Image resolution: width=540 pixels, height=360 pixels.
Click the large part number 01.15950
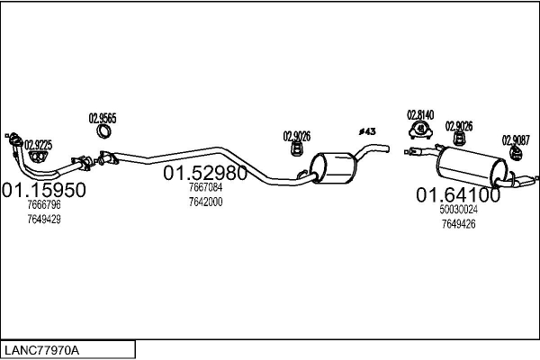(44, 190)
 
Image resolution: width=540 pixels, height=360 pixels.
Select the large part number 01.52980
(205, 173)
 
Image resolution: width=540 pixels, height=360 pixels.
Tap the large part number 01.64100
(458, 195)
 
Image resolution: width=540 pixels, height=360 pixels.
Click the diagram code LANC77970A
(41, 350)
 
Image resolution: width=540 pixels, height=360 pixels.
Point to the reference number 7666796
(44, 204)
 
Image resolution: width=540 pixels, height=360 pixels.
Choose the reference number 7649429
(44, 219)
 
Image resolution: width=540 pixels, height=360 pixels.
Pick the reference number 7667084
(205, 187)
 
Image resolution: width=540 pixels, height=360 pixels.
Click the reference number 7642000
(205, 202)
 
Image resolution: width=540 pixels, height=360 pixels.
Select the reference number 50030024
(458, 210)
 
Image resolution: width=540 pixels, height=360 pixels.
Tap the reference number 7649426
(458, 224)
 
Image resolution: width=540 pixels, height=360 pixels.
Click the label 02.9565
(103, 119)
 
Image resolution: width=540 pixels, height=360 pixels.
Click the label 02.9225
(38, 145)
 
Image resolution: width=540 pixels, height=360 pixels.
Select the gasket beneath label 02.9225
(38, 157)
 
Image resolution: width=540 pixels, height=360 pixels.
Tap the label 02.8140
(420, 114)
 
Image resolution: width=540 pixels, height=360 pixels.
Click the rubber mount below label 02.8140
(421, 130)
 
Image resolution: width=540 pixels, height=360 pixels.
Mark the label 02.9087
(516, 140)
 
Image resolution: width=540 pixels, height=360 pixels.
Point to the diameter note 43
(367, 131)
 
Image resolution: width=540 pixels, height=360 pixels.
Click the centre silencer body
(333, 167)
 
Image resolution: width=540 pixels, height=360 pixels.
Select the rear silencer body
(472, 166)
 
